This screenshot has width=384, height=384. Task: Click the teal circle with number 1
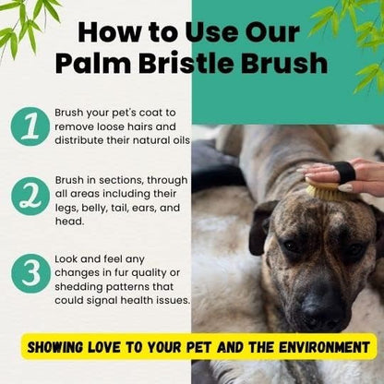(30, 126)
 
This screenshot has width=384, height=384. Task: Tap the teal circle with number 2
(30, 196)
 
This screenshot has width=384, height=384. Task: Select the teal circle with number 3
(30, 273)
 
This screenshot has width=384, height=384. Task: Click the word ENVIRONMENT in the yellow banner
(324, 347)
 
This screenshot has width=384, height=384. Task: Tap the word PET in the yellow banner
(198, 347)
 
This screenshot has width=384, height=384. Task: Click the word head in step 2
(69, 221)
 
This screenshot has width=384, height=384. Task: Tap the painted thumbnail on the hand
(345, 187)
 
